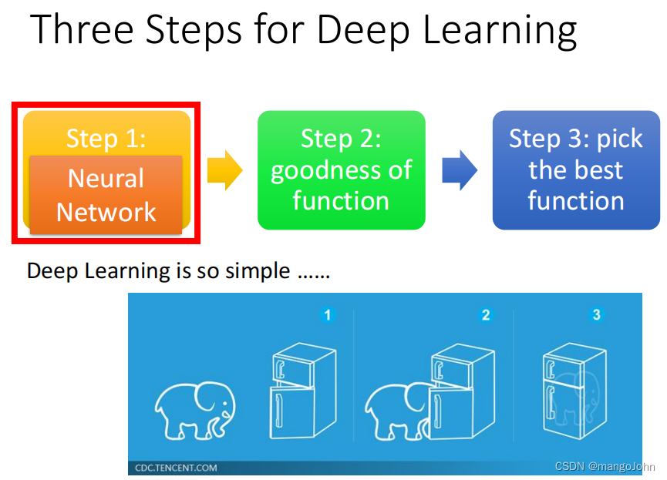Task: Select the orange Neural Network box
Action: point(106,195)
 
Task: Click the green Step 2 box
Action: point(341,170)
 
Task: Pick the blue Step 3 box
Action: point(576,170)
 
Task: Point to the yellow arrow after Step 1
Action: point(224,170)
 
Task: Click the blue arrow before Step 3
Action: point(460,170)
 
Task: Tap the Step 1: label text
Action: point(106,138)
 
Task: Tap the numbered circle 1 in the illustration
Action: point(327,314)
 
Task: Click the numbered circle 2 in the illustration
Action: point(485,314)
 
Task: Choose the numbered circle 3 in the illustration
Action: point(595,314)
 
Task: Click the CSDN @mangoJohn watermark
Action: point(605,467)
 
